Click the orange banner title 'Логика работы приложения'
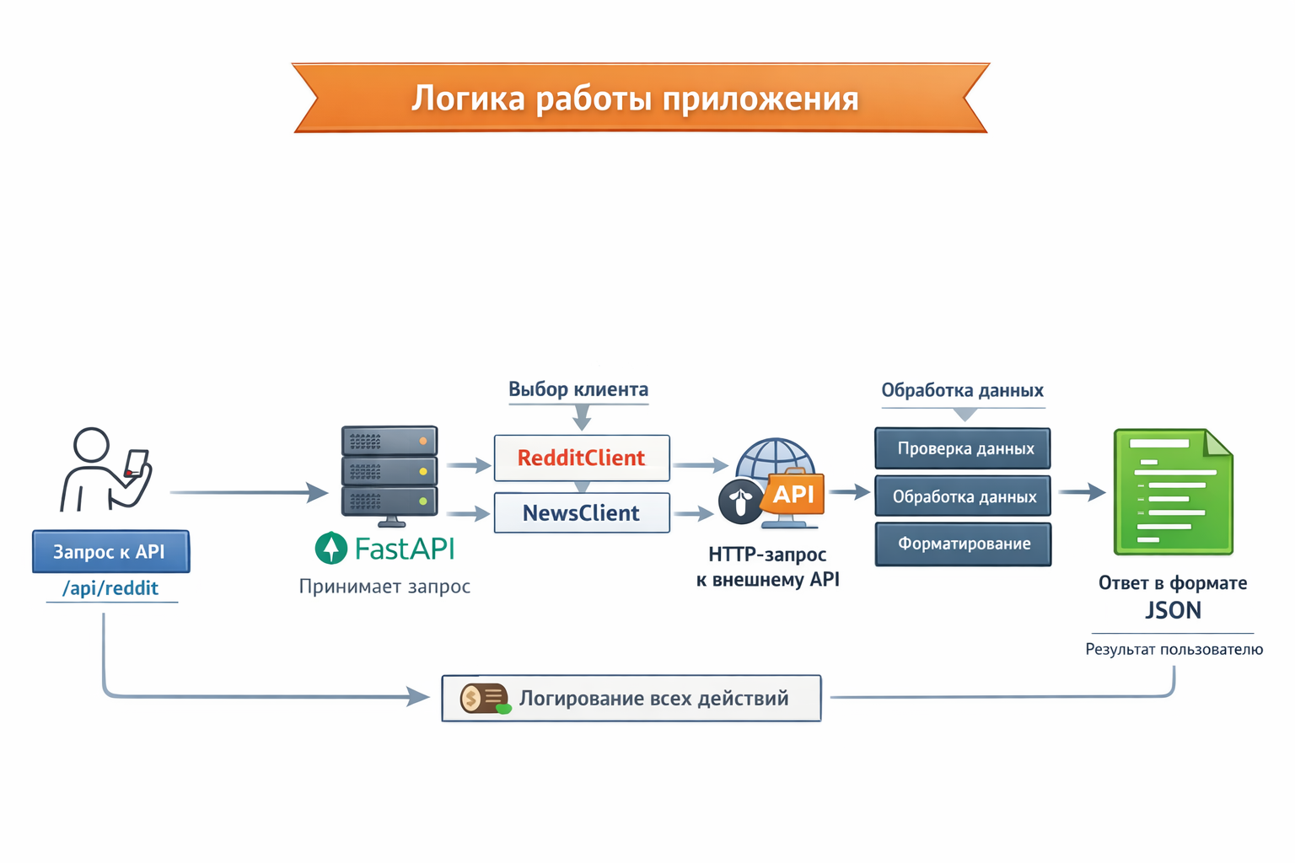pos(635,99)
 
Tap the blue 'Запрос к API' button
pos(110,552)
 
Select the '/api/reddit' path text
pos(110,588)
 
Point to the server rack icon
pos(389,472)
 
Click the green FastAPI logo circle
pos(331,549)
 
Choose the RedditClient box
pos(581,458)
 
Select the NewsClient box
pos(581,512)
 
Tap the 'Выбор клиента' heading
pos(578,389)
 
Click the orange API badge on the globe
pos(793,494)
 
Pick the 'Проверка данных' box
pos(963,448)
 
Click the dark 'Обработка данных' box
pos(963,496)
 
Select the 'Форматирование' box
pos(963,544)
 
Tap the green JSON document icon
pos(1173,491)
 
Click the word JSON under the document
pos(1173,610)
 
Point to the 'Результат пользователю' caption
pos(1174,649)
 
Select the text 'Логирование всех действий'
pos(653,699)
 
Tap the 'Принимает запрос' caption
pos(384,587)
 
